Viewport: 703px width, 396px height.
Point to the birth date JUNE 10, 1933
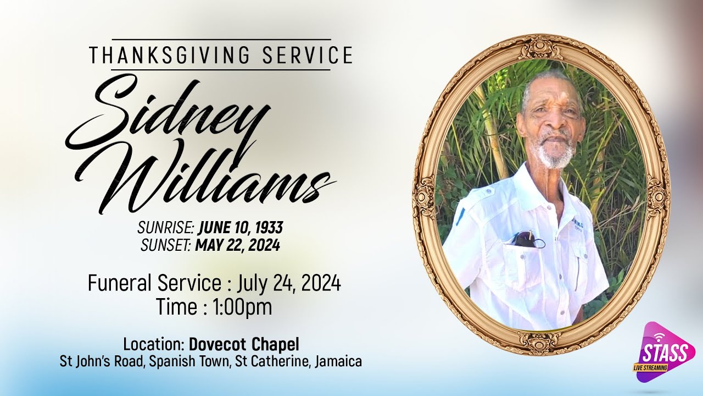[x=241, y=228]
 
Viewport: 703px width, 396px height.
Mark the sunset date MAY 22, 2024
[x=237, y=245]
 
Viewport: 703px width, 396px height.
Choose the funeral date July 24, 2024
[x=289, y=284]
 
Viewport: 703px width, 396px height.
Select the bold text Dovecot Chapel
[x=244, y=345]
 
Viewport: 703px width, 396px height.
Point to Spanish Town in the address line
[x=197, y=362]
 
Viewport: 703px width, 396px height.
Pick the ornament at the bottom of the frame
[x=540, y=342]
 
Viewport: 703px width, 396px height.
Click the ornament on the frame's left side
[x=423, y=197]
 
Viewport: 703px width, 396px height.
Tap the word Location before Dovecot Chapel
[x=153, y=345]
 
